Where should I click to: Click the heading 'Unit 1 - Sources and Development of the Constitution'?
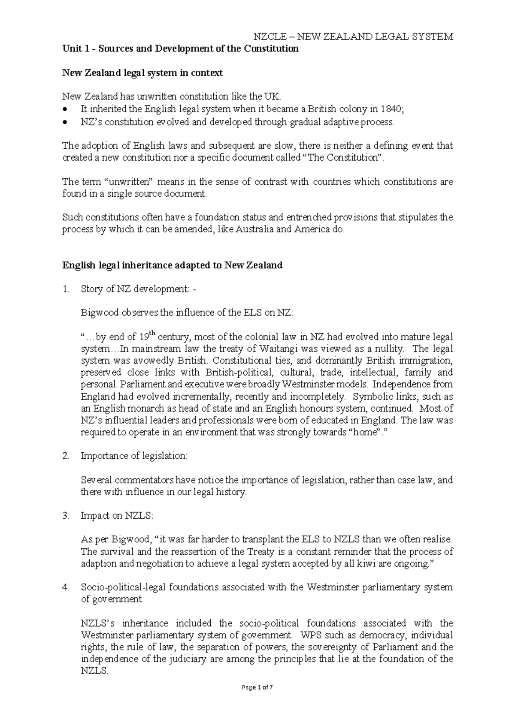180,48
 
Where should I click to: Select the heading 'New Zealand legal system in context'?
142,73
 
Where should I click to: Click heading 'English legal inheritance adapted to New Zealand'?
172,265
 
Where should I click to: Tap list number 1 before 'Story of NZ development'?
65,289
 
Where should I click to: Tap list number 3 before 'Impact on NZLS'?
65,516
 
